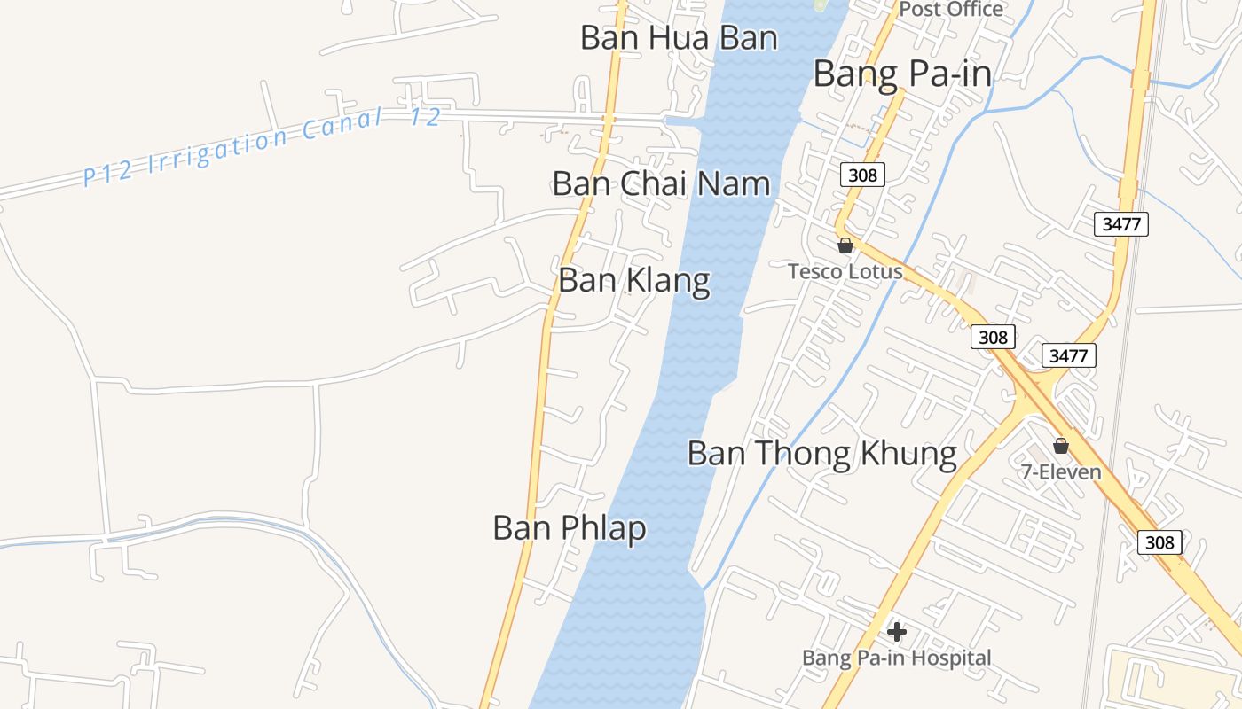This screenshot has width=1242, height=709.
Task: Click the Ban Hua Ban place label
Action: click(679, 38)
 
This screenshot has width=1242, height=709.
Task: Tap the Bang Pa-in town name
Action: click(902, 74)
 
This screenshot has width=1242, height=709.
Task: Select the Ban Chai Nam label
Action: click(661, 183)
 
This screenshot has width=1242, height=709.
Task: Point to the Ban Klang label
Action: click(634, 280)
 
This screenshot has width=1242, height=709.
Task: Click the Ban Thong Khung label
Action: click(821, 454)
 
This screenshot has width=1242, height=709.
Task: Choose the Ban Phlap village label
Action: click(570, 528)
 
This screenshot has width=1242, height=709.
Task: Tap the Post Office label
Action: click(951, 10)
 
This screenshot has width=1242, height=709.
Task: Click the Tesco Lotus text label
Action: click(845, 271)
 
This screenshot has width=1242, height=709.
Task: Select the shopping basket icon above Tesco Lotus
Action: click(845, 245)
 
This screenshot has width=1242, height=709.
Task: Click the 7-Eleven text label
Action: click(1061, 471)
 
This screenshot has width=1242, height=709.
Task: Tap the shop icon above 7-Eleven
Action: click(1060, 445)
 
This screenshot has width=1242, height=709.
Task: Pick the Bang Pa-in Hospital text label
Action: click(896, 658)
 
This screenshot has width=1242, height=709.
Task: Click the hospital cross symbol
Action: click(897, 632)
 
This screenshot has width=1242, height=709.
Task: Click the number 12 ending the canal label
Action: click(426, 116)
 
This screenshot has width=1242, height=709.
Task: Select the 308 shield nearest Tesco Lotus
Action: click(862, 175)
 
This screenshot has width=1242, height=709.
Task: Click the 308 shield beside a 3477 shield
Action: click(993, 337)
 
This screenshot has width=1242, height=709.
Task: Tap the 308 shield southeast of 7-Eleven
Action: click(1159, 542)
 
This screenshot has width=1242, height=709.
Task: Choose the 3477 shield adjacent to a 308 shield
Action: click(1068, 355)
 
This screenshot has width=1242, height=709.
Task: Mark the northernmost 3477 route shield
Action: click(1121, 223)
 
